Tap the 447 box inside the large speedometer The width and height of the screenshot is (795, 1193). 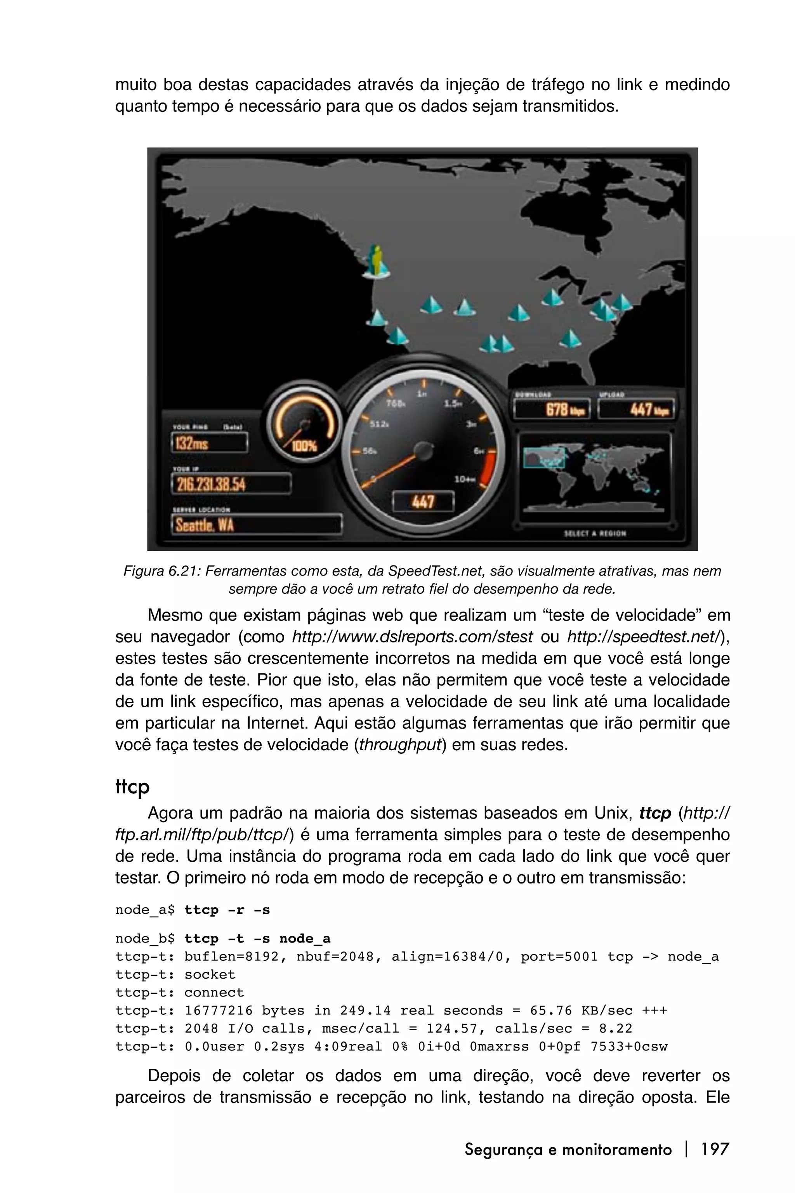point(423,502)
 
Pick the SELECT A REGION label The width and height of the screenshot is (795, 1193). point(595,533)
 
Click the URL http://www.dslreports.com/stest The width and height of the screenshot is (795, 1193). point(412,636)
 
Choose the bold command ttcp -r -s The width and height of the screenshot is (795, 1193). point(227,910)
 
